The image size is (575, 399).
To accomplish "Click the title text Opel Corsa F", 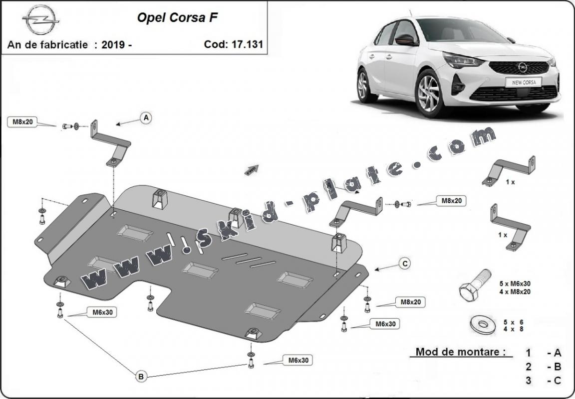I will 177,17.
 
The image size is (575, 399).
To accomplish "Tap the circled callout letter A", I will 146,118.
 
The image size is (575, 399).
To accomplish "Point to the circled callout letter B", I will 141,377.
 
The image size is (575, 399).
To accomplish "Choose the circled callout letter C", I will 404,264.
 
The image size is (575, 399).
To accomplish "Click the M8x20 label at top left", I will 23,122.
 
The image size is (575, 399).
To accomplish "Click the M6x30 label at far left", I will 101,312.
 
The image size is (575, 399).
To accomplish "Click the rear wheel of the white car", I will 367,84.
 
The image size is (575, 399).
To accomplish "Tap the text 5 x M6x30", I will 515,283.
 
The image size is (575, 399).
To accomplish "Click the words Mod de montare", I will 457,352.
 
